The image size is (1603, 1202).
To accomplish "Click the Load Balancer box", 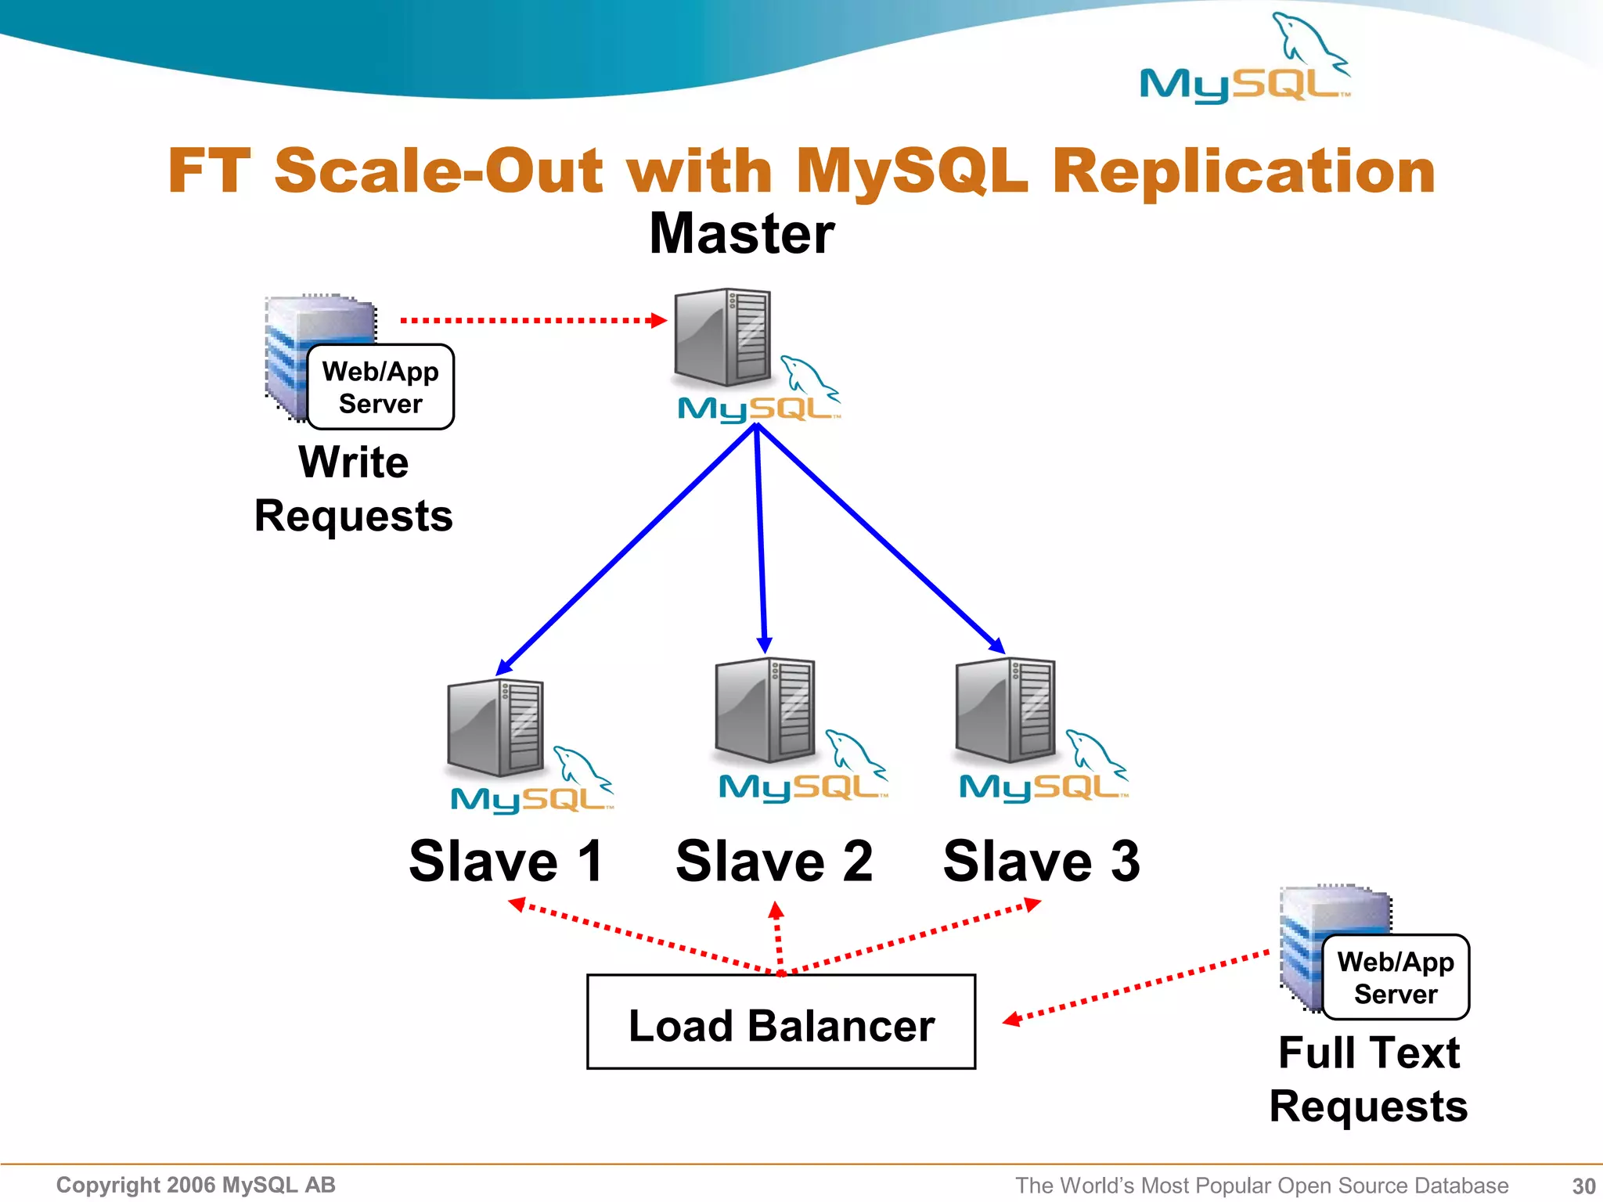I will [781, 1022].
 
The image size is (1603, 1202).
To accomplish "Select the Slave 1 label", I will [506, 861].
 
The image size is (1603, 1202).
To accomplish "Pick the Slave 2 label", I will [774, 861].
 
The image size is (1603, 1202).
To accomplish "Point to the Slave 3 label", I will [1041, 861].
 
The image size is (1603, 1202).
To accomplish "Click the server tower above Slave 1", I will [495, 727].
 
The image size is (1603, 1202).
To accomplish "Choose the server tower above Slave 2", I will [765, 710].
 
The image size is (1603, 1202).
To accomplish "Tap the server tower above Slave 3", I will [1005, 710].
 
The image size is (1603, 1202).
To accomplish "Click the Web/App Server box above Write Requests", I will [380, 387].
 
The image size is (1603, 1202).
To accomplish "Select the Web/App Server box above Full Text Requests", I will [1396, 977].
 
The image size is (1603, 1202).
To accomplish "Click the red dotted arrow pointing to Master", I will [532, 320].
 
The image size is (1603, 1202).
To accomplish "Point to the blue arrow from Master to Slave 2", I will [761, 540].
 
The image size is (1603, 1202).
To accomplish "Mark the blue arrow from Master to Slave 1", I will [626, 548].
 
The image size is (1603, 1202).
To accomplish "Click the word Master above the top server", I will [742, 234].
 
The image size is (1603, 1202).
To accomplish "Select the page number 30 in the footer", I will [1583, 1186].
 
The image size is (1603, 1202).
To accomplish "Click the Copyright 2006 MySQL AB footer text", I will [196, 1185].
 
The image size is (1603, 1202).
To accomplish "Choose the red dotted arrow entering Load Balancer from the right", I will [1135, 986].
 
